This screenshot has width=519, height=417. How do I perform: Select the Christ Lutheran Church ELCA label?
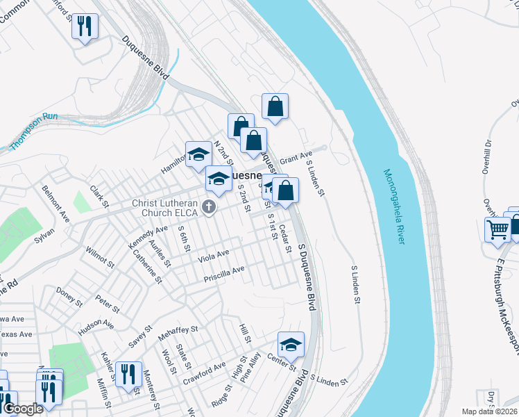coord(166,208)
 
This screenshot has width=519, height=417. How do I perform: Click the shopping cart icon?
coord(498,229)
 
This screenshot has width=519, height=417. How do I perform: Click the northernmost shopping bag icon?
coord(275,106)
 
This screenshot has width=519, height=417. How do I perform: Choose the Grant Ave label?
coord(297,158)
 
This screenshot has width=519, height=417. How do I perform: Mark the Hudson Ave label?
coord(96,327)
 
